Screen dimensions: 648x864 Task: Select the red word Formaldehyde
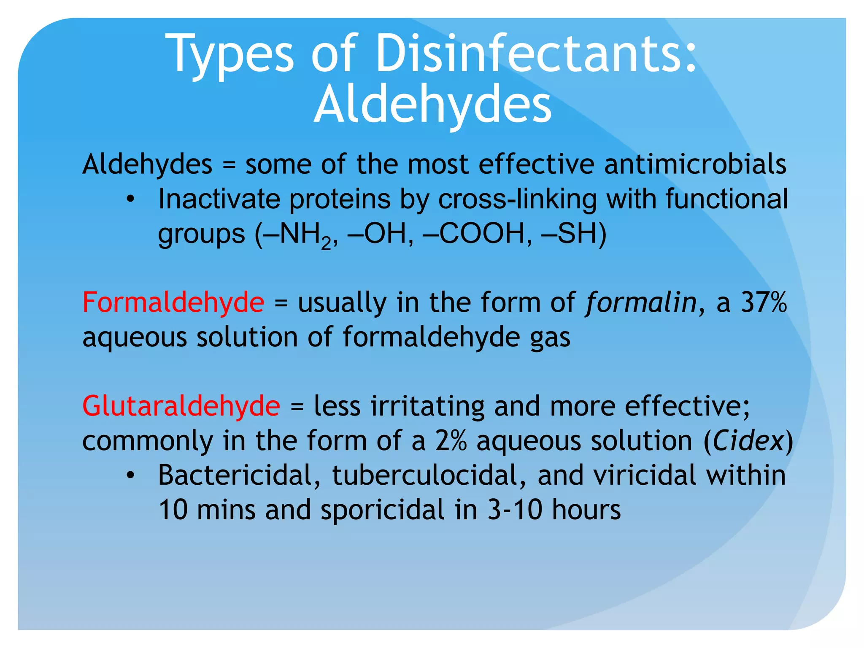point(173,302)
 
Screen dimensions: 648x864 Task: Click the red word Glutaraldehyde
point(181,406)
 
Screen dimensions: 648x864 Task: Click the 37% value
point(764,302)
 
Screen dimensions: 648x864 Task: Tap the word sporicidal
point(382,510)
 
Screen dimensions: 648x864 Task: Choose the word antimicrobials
point(695,164)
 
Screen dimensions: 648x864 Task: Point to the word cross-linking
point(517,199)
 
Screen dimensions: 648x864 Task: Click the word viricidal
point(645,475)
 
